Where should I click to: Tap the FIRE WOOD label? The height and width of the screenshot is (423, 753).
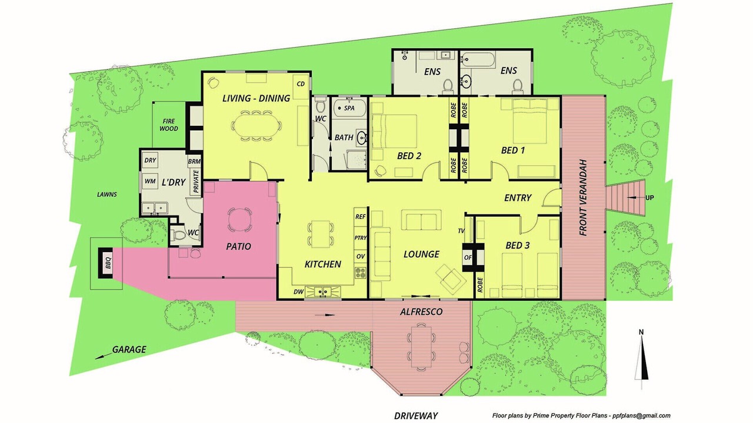pos(169,125)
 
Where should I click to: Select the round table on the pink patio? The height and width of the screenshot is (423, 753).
pos(239,220)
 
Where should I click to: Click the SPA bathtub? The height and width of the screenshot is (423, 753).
pos(349,108)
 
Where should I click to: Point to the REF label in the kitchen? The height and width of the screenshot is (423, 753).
pos(361,217)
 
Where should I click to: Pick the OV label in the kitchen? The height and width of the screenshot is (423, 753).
pos(361,257)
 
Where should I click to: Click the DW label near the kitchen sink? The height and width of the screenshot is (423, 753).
pos(298,292)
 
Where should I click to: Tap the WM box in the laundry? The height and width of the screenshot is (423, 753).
pos(150,182)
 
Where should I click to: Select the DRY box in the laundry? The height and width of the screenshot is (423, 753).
pos(150,160)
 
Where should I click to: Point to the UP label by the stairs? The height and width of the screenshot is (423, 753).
pos(649,198)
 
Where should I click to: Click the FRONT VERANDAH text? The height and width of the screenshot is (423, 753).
pos(583,197)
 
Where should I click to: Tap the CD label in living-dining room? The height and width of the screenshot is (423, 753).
pos(301,84)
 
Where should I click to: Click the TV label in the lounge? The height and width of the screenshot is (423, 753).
pos(461,231)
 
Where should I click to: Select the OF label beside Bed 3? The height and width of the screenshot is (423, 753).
pos(468,257)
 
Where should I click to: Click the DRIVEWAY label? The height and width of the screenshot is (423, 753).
pos(416,416)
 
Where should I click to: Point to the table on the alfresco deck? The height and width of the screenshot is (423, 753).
pos(421,347)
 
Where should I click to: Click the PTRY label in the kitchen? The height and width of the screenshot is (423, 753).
pos(361,238)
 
